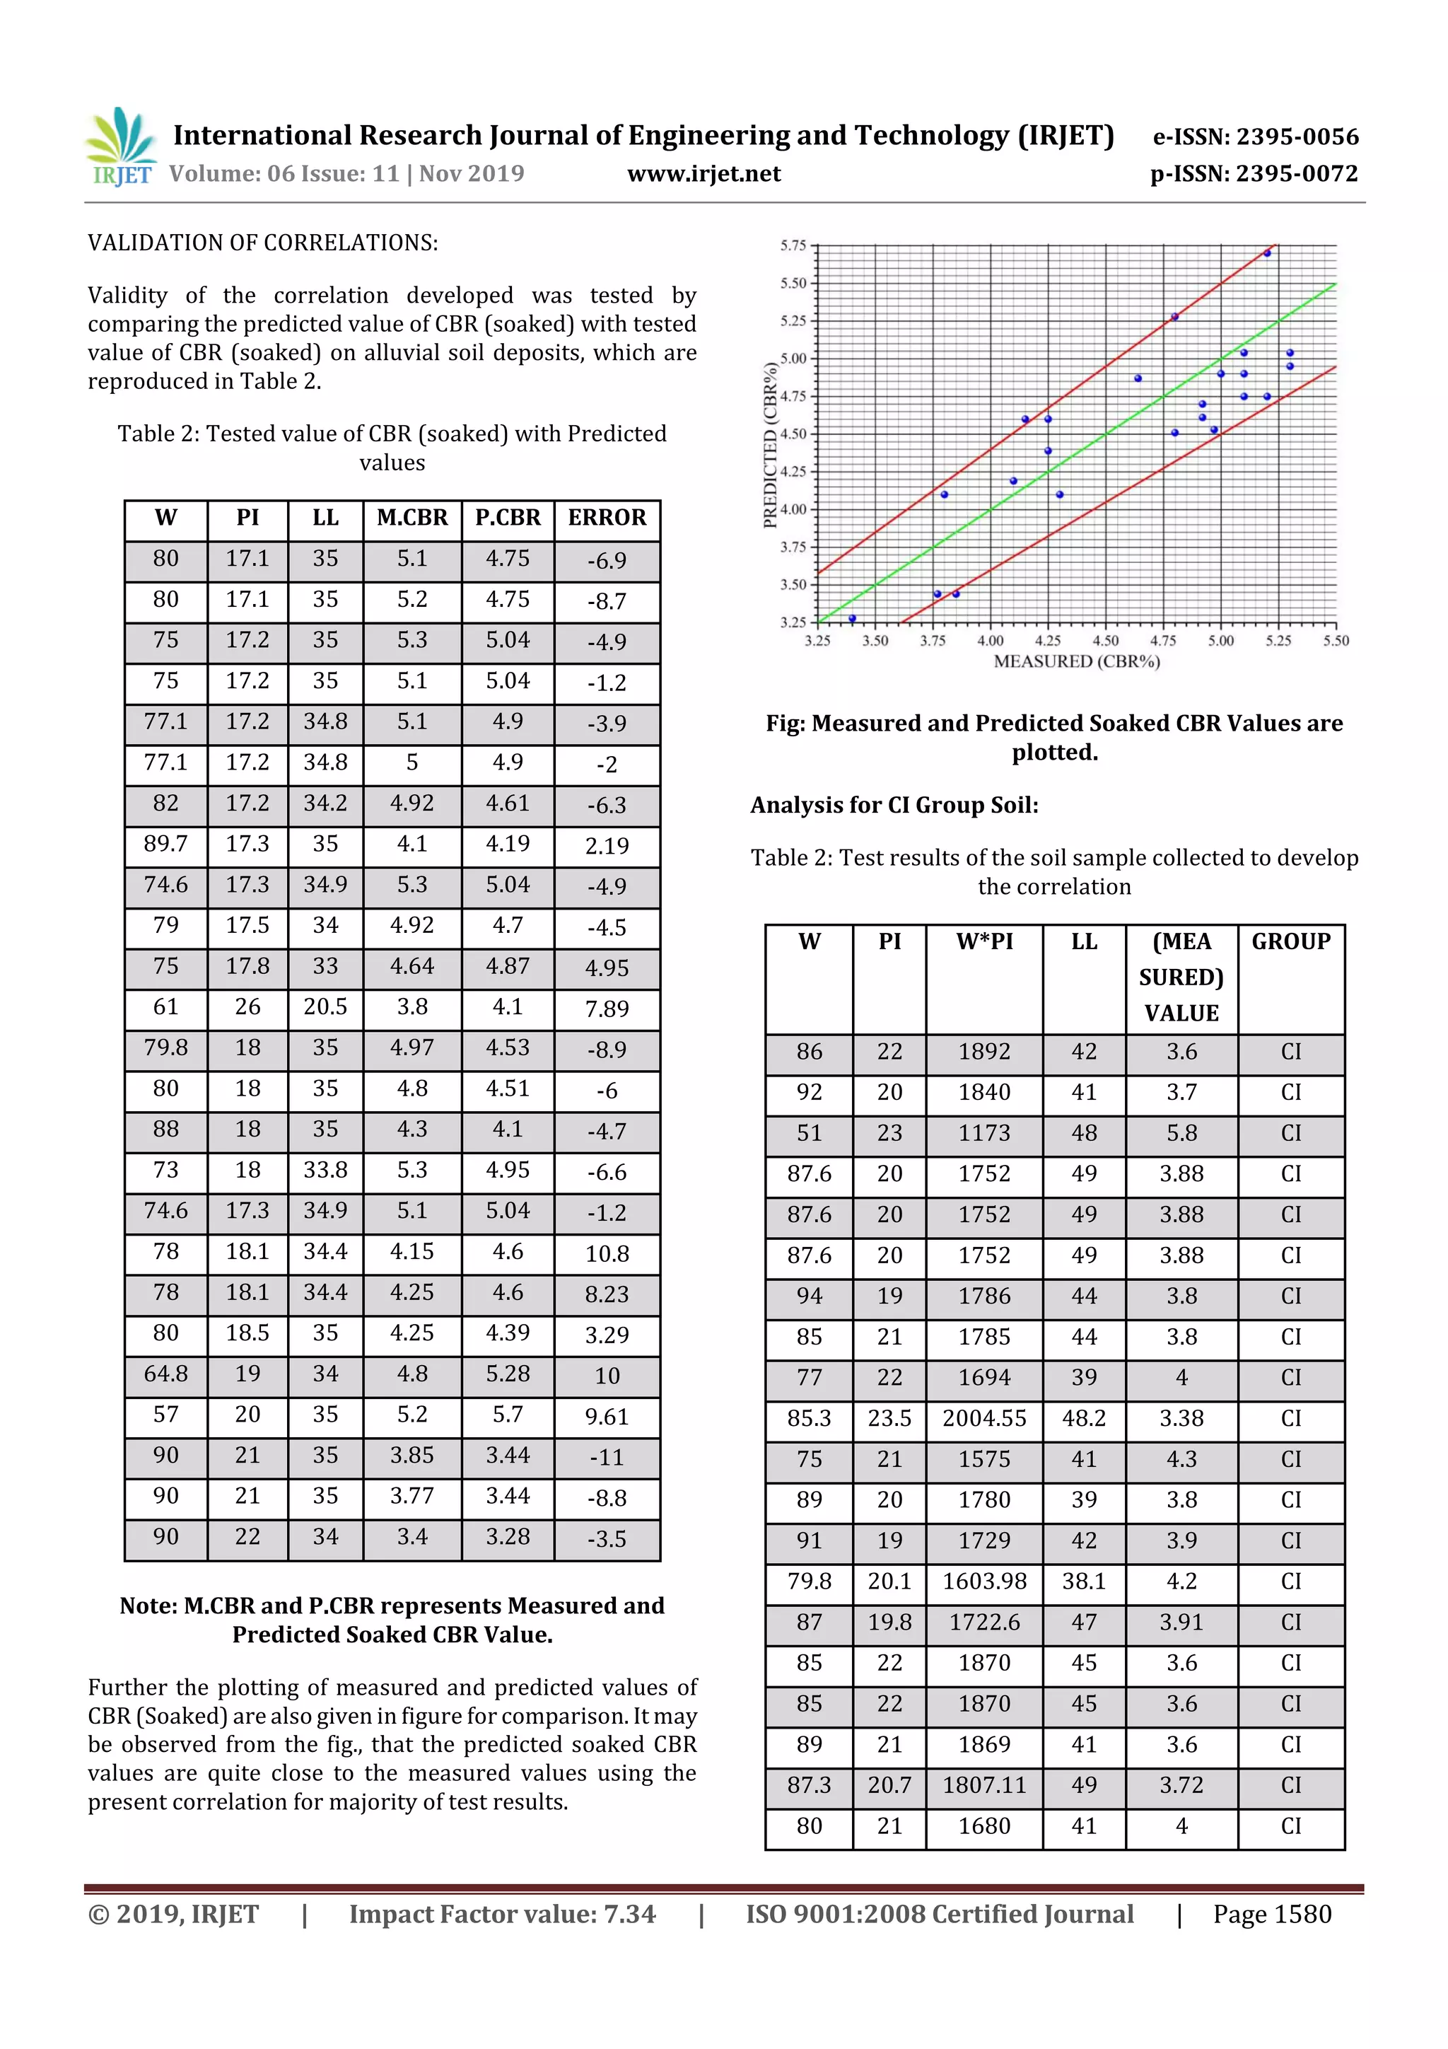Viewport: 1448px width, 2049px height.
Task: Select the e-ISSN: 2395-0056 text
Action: pyautogui.click(x=1255, y=137)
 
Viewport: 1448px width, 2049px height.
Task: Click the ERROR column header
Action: pyautogui.click(x=607, y=518)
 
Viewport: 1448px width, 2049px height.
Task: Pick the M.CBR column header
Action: pyautogui.click(x=411, y=518)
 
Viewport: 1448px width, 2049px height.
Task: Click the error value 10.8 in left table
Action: pyautogui.click(x=607, y=1254)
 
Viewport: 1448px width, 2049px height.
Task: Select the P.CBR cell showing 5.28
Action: pyautogui.click(x=507, y=1374)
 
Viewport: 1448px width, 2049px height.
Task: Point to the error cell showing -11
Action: pyautogui.click(x=607, y=1457)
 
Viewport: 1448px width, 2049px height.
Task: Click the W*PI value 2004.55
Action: pyautogui.click(x=984, y=1418)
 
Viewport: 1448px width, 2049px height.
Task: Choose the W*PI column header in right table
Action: pyautogui.click(x=984, y=941)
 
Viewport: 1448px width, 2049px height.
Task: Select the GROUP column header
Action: pyautogui.click(x=1290, y=941)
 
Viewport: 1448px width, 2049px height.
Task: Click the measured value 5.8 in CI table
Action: pyautogui.click(x=1181, y=1132)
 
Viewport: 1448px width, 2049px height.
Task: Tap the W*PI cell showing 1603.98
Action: pyautogui.click(x=984, y=1581)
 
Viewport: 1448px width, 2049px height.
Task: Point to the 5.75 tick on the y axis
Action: pyautogui.click(x=793, y=245)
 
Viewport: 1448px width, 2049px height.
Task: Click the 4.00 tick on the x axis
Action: pyautogui.click(x=991, y=641)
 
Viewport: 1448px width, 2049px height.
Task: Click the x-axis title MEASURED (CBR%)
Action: pyautogui.click(x=1076, y=661)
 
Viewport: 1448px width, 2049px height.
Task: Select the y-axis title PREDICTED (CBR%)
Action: pyautogui.click(x=770, y=444)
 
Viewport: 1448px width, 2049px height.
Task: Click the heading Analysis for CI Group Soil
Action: pyautogui.click(x=894, y=805)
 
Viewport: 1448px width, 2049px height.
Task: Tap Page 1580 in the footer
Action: pyautogui.click(x=1271, y=1914)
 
